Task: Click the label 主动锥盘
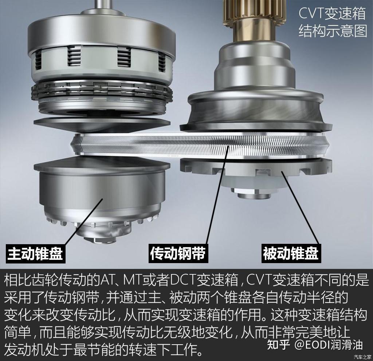click(35, 253)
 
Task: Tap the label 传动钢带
click(178, 253)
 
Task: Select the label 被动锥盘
click(290, 253)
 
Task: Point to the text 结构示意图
click(333, 31)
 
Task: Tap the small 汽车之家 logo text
click(362, 357)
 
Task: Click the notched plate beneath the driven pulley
click(251, 168)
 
